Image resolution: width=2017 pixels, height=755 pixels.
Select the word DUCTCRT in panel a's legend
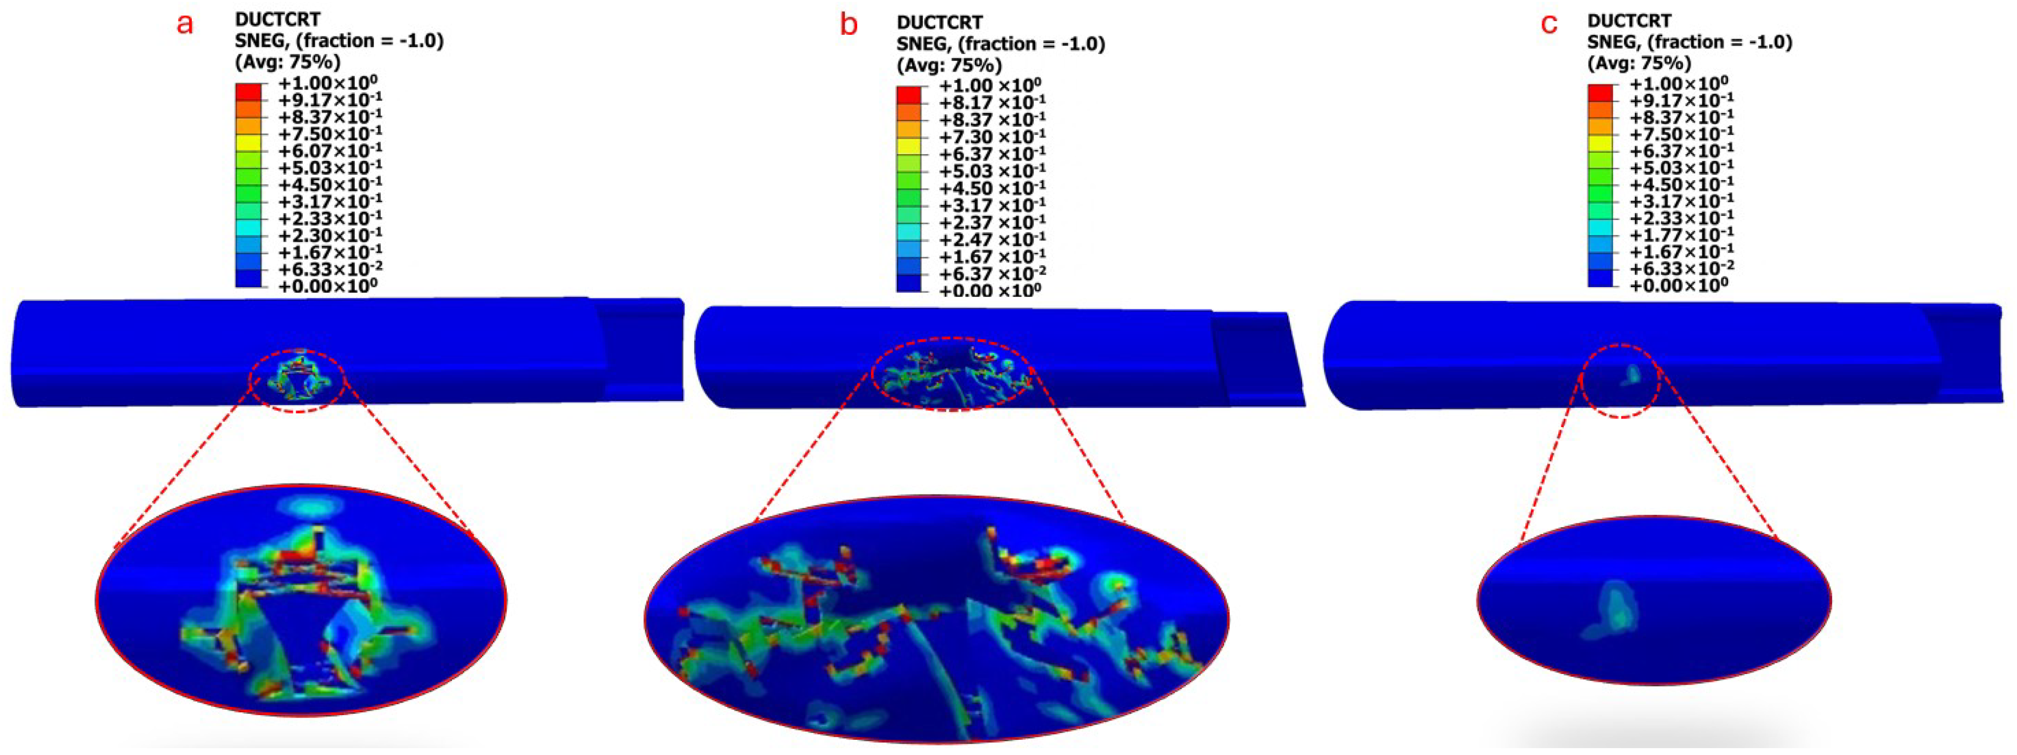278,19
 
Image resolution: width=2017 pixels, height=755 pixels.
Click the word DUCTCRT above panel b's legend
940,22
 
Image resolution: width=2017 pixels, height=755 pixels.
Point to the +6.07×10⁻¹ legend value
330,150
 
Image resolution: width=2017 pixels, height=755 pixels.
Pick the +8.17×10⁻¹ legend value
992,103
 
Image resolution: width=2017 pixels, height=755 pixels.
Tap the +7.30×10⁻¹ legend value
992,137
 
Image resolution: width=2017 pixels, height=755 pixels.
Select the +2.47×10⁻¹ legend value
992,239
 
